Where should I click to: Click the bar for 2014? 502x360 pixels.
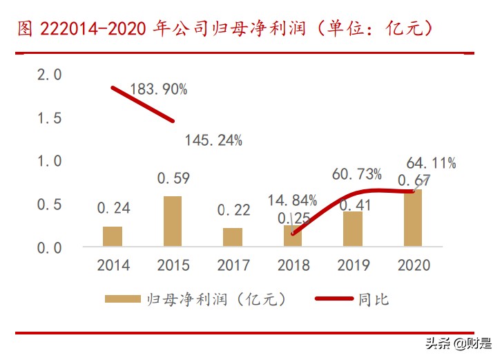click(113, 236)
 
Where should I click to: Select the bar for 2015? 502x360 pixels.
click(173, 221)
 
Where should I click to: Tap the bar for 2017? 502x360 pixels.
click(233, 237)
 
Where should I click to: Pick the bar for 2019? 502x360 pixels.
click(353, 229)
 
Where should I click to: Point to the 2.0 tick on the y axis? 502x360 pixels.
click(49, 75)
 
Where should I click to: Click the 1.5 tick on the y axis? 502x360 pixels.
click(49, 118)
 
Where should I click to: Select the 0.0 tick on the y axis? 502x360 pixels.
click(49, 247)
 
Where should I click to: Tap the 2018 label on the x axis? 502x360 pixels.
click(293, 265)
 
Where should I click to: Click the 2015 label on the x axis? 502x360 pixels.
click(173, 265)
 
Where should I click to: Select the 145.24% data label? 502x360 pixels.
click(213, 141)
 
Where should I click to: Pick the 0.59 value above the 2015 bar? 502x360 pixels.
click(173, 178)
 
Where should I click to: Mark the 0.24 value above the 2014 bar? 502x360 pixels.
click(113, 208)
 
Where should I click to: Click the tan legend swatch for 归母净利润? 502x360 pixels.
click(123, 299)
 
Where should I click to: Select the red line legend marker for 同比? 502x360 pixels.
click(334, 299)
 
